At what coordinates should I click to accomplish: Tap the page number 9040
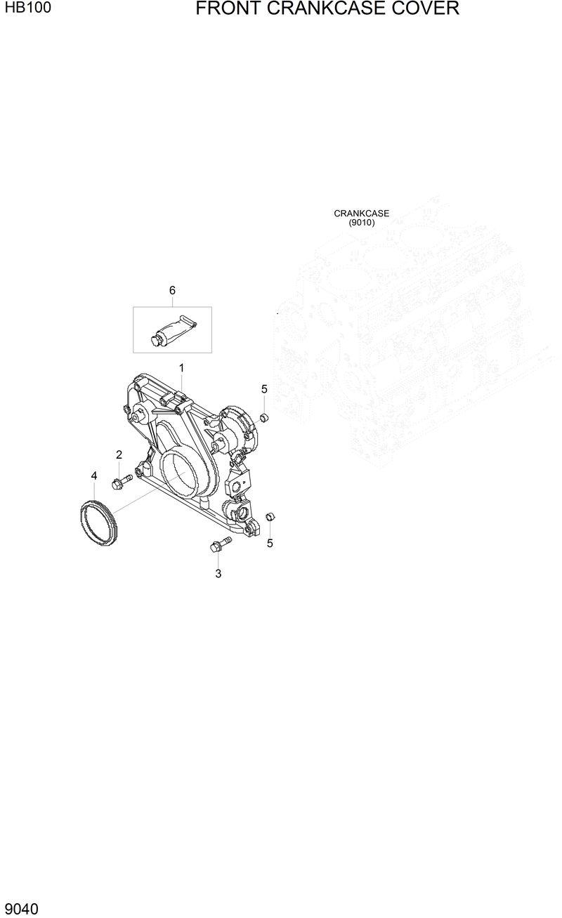click(21, 909)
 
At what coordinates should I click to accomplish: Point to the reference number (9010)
click(362, 223)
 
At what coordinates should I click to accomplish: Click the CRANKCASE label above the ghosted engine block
click(361, 214)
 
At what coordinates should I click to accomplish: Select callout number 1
click(181, 368)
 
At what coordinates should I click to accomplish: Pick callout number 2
click(119, 454)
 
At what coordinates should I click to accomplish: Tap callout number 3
click(218, 573)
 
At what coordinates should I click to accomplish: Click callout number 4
click(94, 476)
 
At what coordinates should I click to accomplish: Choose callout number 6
click(172, 290)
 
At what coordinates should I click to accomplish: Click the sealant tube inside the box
click(173, 329)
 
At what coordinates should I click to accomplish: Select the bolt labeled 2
click(121, 482)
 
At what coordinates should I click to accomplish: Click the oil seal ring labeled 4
click(98, 523)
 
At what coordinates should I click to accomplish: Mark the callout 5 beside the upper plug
click(264, 389)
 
